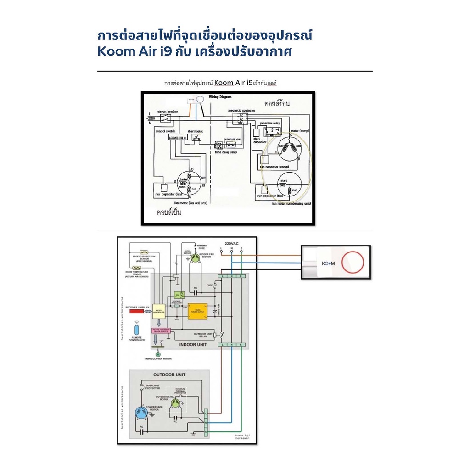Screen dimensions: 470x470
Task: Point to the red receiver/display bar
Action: [x=137, y=312]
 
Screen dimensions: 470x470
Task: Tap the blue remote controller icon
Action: [x=136, y=331]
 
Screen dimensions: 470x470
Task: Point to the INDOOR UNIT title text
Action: [x=194, y=344]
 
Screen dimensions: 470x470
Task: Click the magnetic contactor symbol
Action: [x=240, y=118]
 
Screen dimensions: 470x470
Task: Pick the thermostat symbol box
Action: [x=196, y=137]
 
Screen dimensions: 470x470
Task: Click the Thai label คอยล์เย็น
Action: [x=169, y=213]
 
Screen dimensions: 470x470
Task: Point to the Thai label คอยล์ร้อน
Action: [x=277, y=104]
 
